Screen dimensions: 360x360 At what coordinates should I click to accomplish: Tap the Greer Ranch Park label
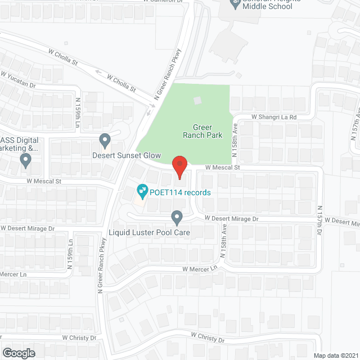[x=202, y=131]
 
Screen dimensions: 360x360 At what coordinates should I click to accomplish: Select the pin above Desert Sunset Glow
[x=105, y=139]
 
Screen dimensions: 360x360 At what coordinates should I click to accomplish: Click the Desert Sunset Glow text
[x=127, y=155]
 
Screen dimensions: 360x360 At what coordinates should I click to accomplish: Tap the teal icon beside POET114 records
[x=142, y=192]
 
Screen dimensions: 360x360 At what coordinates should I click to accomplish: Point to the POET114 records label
[x=180, y=192]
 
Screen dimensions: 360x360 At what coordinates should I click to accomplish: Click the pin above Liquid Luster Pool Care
[x=177, y=217]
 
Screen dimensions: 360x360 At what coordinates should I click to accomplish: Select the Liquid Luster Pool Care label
[x=149, y=232]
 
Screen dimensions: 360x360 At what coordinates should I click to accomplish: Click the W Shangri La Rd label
[x=273, y=117]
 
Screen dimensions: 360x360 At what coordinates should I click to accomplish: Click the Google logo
[x=18, y=353]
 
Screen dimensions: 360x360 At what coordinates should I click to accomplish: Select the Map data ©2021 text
[x=335, y=355]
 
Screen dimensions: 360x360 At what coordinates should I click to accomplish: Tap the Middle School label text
[x=269, y=6]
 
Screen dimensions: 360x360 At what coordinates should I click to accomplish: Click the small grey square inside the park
[x=197, y=100]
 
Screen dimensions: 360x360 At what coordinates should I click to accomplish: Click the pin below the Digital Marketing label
[x=25, y=161]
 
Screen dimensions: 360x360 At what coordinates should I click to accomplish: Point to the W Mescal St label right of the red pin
[x=222, y=167]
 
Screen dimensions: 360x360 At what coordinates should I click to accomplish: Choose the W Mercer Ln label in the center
[x=199, y=269]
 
